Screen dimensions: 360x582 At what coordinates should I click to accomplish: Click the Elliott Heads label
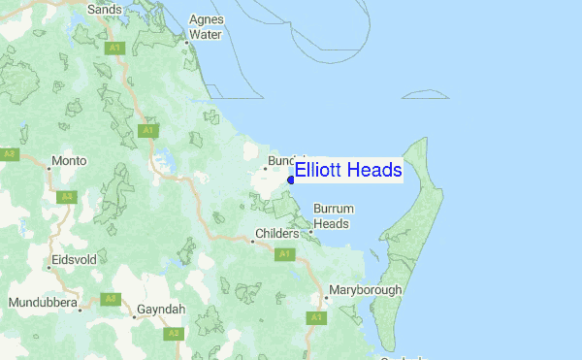(347, 171)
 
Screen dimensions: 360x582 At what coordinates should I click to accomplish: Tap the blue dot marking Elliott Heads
(291, 180)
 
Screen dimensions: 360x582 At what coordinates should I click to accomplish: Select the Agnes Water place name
(205, 27)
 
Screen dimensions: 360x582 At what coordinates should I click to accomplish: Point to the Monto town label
(70, 160)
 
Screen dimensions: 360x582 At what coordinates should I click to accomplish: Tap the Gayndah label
(161, 307)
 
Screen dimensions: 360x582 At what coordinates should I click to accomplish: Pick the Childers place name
(281, 234)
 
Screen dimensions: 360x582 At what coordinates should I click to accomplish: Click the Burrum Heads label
(331, 216)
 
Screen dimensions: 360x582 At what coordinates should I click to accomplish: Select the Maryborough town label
(366, 290)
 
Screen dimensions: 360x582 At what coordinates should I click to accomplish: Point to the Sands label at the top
(104, 10)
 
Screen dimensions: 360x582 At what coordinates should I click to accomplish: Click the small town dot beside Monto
(49, 168)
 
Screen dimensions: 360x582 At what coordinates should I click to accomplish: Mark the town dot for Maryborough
(327, 298)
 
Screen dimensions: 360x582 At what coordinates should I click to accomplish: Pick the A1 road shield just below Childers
(284, 254)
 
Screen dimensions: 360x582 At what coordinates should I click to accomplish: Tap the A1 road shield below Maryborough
(316, 317)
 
